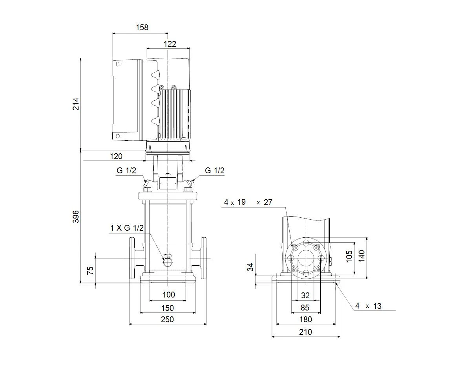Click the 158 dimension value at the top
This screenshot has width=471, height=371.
point(142,28)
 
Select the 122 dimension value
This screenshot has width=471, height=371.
point(170,44)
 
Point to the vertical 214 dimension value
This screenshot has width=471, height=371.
point(76,104)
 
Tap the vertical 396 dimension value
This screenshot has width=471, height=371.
point(76,217)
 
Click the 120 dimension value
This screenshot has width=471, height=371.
point(116,156)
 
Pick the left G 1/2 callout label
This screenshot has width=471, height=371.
point(126,170)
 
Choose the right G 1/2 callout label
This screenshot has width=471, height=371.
point(215,170)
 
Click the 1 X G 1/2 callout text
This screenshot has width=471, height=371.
point(127,228)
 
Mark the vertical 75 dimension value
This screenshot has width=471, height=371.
point(90,270)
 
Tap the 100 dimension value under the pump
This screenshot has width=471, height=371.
point(169,295)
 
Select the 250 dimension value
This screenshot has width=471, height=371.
point(168,320)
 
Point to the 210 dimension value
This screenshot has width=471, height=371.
point(305,332)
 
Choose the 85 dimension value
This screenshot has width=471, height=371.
point(305,308)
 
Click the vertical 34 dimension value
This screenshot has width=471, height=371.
point(250,267)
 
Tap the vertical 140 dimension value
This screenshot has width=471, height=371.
point(361,256)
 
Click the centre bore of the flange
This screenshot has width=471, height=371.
point(306,258)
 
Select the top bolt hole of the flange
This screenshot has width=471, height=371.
point(306,243)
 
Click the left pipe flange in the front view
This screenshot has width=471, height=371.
point(132,258)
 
